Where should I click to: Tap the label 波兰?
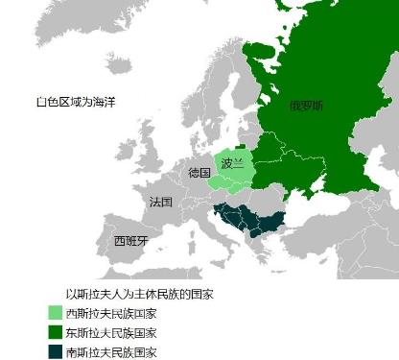point(232,163)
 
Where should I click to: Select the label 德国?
point(199,173)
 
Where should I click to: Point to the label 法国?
point(161,203)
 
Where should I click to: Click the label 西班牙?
point(131,241)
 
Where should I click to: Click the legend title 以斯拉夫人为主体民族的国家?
point(138,294)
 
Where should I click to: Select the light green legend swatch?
point(55,313)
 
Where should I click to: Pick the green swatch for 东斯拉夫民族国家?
point(55,332)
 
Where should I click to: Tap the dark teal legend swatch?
point(55,351)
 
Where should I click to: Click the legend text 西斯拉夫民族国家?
point(110,313)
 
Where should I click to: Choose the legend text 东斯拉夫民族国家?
point(110,332)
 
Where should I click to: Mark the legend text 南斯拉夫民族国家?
point(110,351)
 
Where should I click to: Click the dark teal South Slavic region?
point(251,220)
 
